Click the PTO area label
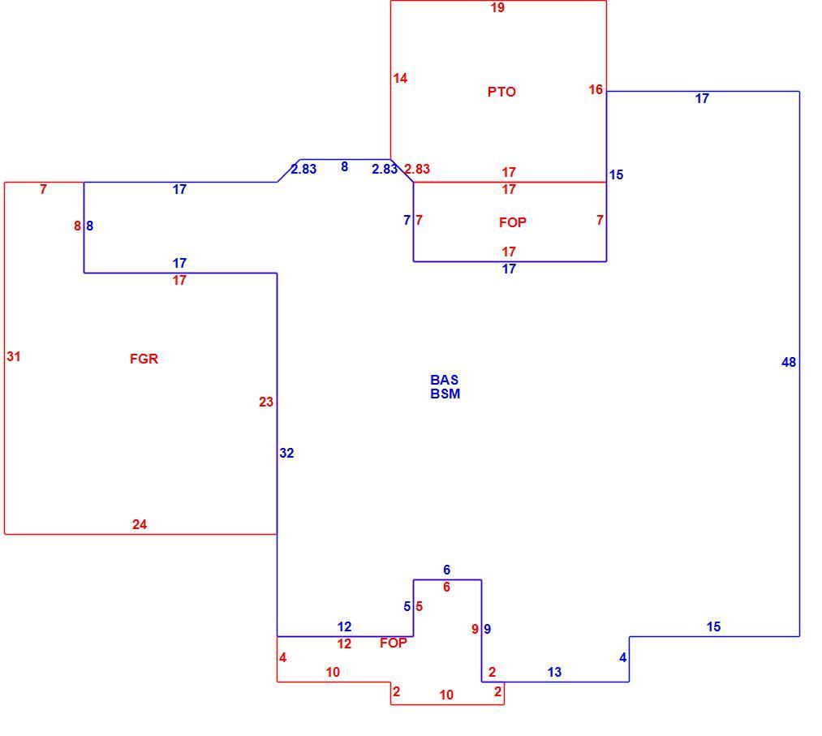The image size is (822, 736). click(501, 92)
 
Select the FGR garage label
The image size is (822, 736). click(144, 359)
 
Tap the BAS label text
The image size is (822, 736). click(444, 380)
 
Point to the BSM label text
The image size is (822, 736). click(445, 394)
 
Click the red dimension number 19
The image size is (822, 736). click(497, 7)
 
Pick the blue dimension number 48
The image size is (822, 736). click(789, 362)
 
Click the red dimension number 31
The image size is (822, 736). click(14, 356)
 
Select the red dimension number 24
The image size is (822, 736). click(140, 524)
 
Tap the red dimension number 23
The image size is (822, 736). click(266, 402)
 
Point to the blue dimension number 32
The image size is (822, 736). click(286, 453)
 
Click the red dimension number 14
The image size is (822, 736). click(400, 78)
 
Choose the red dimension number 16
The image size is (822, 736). click(596, 89)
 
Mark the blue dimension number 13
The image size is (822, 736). click(554, 672)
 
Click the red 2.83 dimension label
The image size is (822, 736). click(417, 169)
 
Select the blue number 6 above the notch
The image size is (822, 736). click(446, 570)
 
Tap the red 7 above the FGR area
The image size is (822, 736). click(44, 189)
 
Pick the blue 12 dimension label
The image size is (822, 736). click(344, 626)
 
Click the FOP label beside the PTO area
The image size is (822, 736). click(512, 222)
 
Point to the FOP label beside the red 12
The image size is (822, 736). click(394, 643)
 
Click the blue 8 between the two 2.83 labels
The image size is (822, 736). click(344, 166)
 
